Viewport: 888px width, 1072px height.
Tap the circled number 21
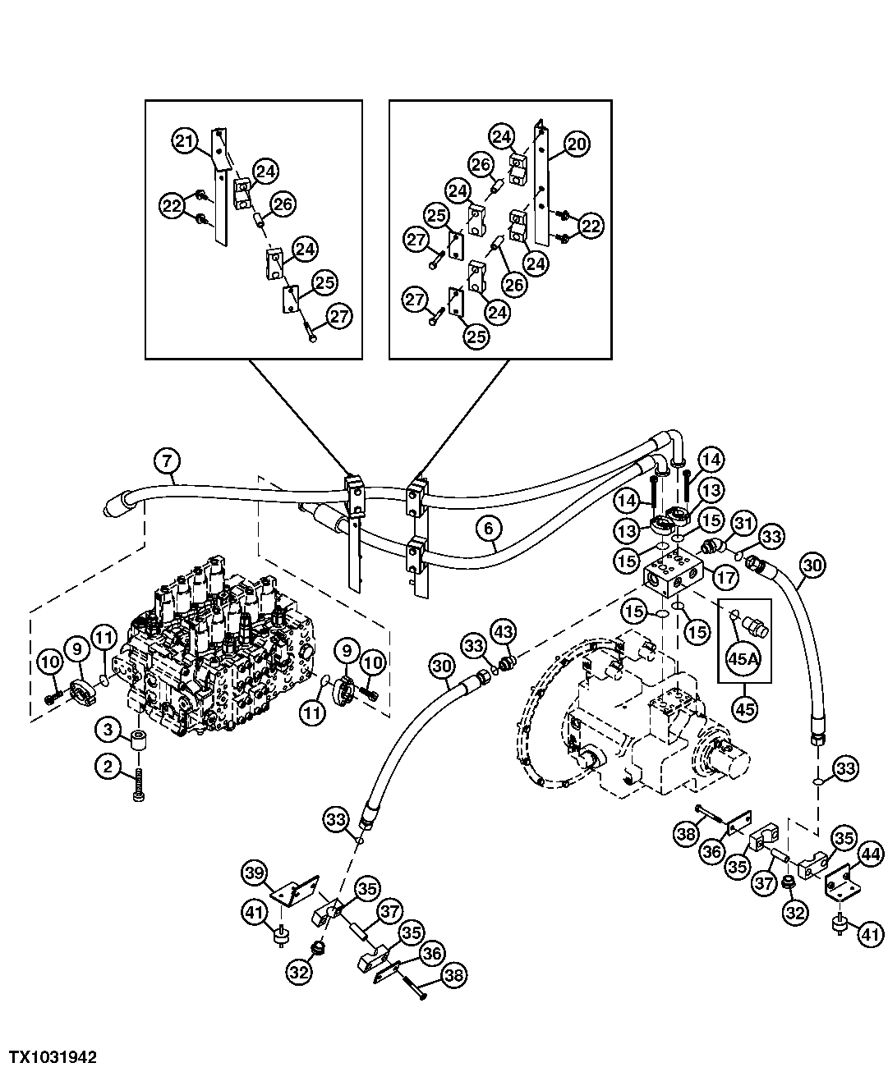pyautogui.click(x=185, y=141)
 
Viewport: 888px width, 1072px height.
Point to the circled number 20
pyautogui.click(x=576, y=144)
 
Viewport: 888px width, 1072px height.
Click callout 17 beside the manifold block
pyautogui.click(x=725, y=578)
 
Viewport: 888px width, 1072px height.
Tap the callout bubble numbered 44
pyautogui.click(x=870, y=855)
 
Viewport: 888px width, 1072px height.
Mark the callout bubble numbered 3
pyautogui.click(x=108, y=727)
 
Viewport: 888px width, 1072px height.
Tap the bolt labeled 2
pyautogui.click(x=138, y=787)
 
